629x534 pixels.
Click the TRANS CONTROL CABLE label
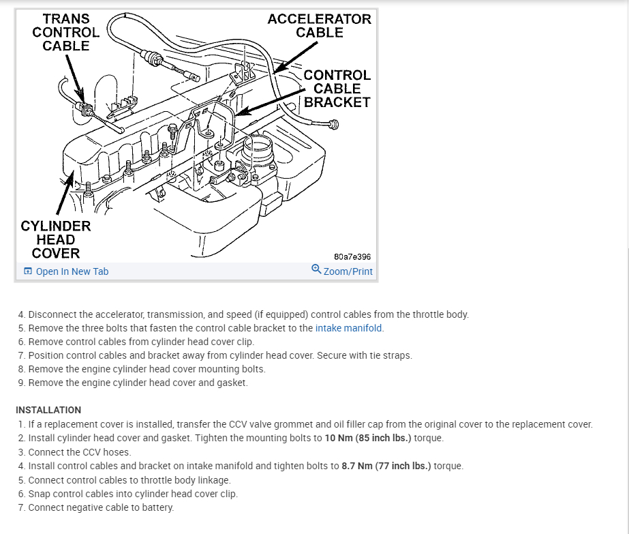pyautogui.click(x=65, y=32)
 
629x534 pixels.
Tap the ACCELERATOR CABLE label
pyautogui.click(x=319, y=25)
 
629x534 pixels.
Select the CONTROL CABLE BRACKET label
pyautogui.click(x=337, y=89)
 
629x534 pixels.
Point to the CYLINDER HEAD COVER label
pyautogui.click(x=55, y=239)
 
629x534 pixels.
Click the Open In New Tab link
pyautogui.click(x=72, y=271)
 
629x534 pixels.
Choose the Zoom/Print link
pyautogui.click(x=348, y=271)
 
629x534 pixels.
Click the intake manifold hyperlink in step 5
pyautogui.click(x=349, y=328)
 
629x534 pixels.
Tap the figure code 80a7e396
pyautogui.click(x=352, y=257)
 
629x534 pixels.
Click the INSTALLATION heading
pyautogui.click(x=48, y=410)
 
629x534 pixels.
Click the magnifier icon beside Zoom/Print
pyautogui.click(x=316, y=269)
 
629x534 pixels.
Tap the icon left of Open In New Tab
pyautogui.click(x=28, y=271)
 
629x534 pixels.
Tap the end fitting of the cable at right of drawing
pyautogui.click(x=333, y=124)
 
